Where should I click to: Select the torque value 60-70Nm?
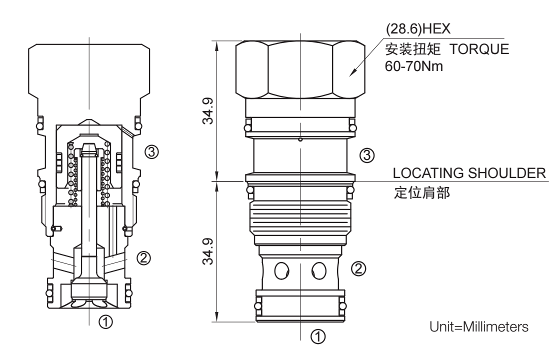click(414, 66)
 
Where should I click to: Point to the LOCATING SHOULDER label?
click(468, 174)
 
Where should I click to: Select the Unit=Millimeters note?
click(479, 326)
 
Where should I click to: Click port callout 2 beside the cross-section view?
click(144, 258)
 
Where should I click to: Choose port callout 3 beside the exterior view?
click(366, 155)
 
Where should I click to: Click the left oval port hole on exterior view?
click(282, 270)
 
